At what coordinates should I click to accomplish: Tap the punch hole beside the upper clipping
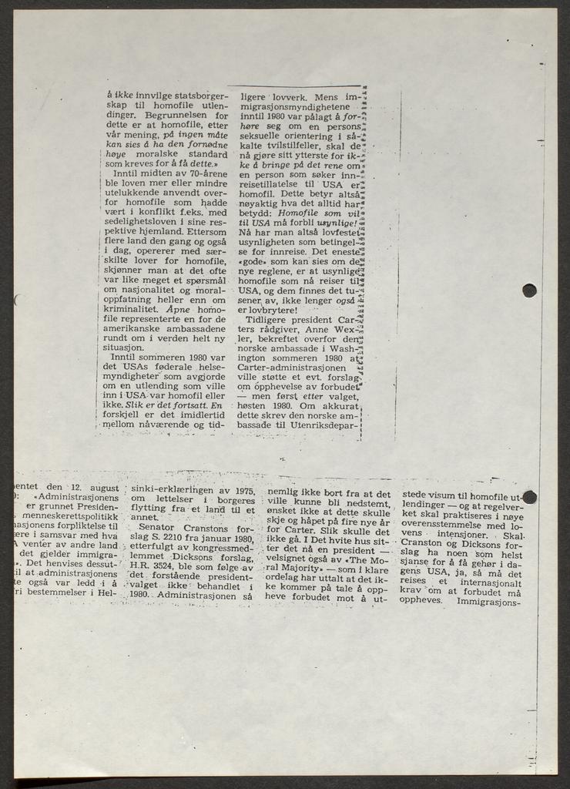coord(529,290)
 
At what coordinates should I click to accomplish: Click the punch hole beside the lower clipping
coord(529,496)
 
